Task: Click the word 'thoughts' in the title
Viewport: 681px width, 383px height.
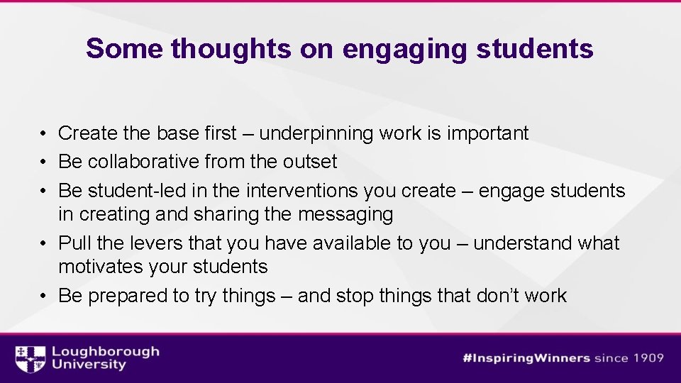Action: coord(231,48)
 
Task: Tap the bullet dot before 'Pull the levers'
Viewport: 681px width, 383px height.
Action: coord(44,243)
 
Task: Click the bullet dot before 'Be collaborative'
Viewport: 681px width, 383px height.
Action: coord(44,162)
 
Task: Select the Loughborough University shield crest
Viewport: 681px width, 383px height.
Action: coord(30,359)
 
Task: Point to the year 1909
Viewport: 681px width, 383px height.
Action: coord(646,358)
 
